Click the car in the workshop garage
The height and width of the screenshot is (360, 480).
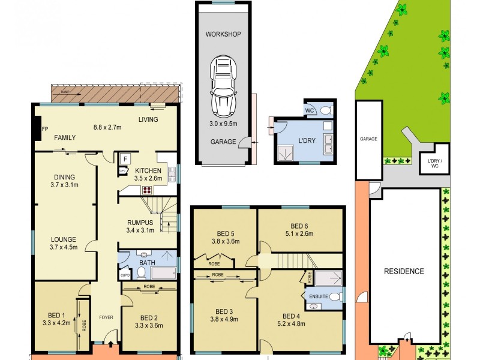[221, 86]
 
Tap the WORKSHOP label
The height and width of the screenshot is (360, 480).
[223, 34]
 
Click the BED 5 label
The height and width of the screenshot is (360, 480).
[225, 233]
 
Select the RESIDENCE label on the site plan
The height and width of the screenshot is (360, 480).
[404, 271]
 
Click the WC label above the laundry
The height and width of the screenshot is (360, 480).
[310, 111]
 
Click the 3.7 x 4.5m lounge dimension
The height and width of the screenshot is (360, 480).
[63, 247]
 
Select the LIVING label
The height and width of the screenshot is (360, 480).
[148, 119]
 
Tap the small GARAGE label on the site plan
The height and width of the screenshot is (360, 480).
[368, 139]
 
